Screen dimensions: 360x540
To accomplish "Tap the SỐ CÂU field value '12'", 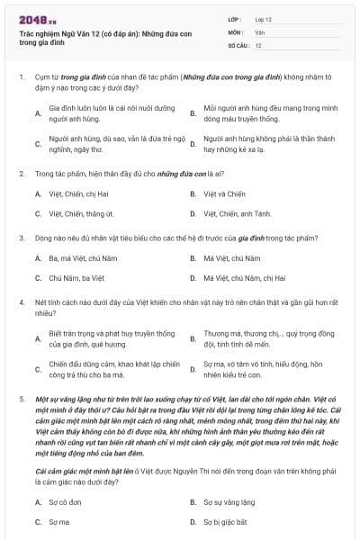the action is (258, 44).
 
